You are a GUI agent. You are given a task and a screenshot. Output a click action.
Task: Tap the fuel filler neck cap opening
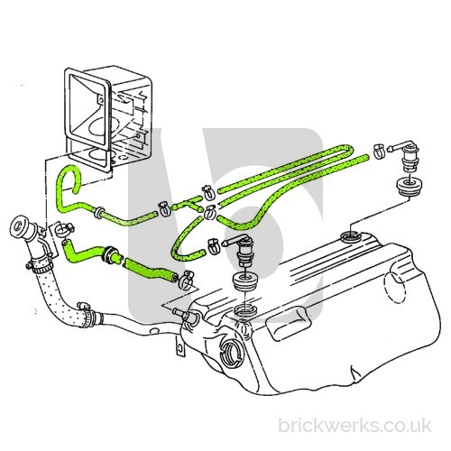coord(18,225)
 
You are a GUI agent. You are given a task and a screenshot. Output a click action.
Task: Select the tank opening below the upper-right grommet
coord(351,236)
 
